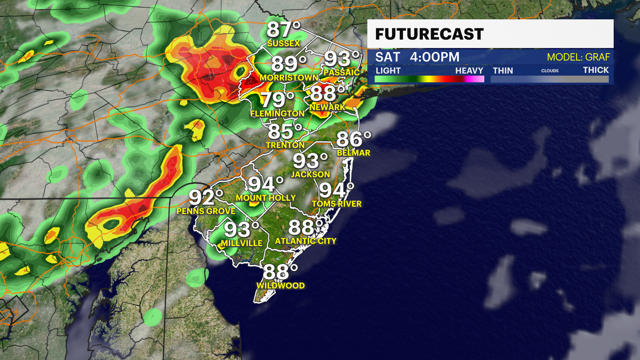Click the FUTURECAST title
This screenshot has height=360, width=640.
pyautogui.click(x=429, y=34)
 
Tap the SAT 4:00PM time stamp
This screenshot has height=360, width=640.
pyautogui.click(x=417, y=57)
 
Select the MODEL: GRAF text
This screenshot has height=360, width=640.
pyautogui.click(x=578, y=57)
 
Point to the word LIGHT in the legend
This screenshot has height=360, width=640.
pyautogui.click(x=388, y=71)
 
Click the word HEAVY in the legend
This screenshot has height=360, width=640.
pyautogui.click(x=469, y=71)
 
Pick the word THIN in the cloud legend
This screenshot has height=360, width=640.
pyautogui.click(x=503, y=71)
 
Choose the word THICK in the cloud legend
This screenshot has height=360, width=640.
pyautogui.click(x=596, y=70)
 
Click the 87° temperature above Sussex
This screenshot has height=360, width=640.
pyautogui.click(x=283, y=30)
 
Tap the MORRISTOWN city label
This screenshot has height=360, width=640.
pyautogui.click(x=289, y=78)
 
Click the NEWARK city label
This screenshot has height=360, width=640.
pyautogui.click(x=327, y=107)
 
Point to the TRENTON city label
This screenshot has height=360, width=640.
pyautogui.click(x=285, y=145)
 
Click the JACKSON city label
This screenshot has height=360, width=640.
pyautogui.click(x=310, y=174)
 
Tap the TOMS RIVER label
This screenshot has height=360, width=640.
pyautogui.click(x=337, y=204)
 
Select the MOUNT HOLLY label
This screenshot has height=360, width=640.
pyautogui.click(x=266, y=198)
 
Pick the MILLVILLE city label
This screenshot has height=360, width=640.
pyautogui.click(x=242, y=243)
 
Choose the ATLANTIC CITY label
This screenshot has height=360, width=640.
pyautogui.click(x=306, y=241)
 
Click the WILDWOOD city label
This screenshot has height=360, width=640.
pyautogui.click(x=280, y=286)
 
